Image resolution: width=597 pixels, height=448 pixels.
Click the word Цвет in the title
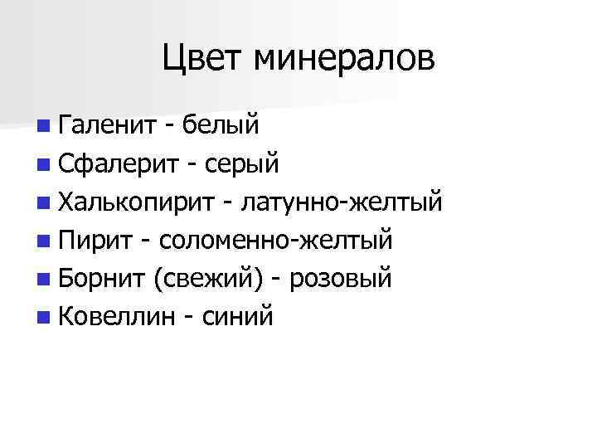coord(203,59)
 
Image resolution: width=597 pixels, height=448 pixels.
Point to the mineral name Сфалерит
coord(119,163)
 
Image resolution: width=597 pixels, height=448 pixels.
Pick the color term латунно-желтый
coord(342,202)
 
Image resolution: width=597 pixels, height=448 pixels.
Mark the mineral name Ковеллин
coord(114,316)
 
